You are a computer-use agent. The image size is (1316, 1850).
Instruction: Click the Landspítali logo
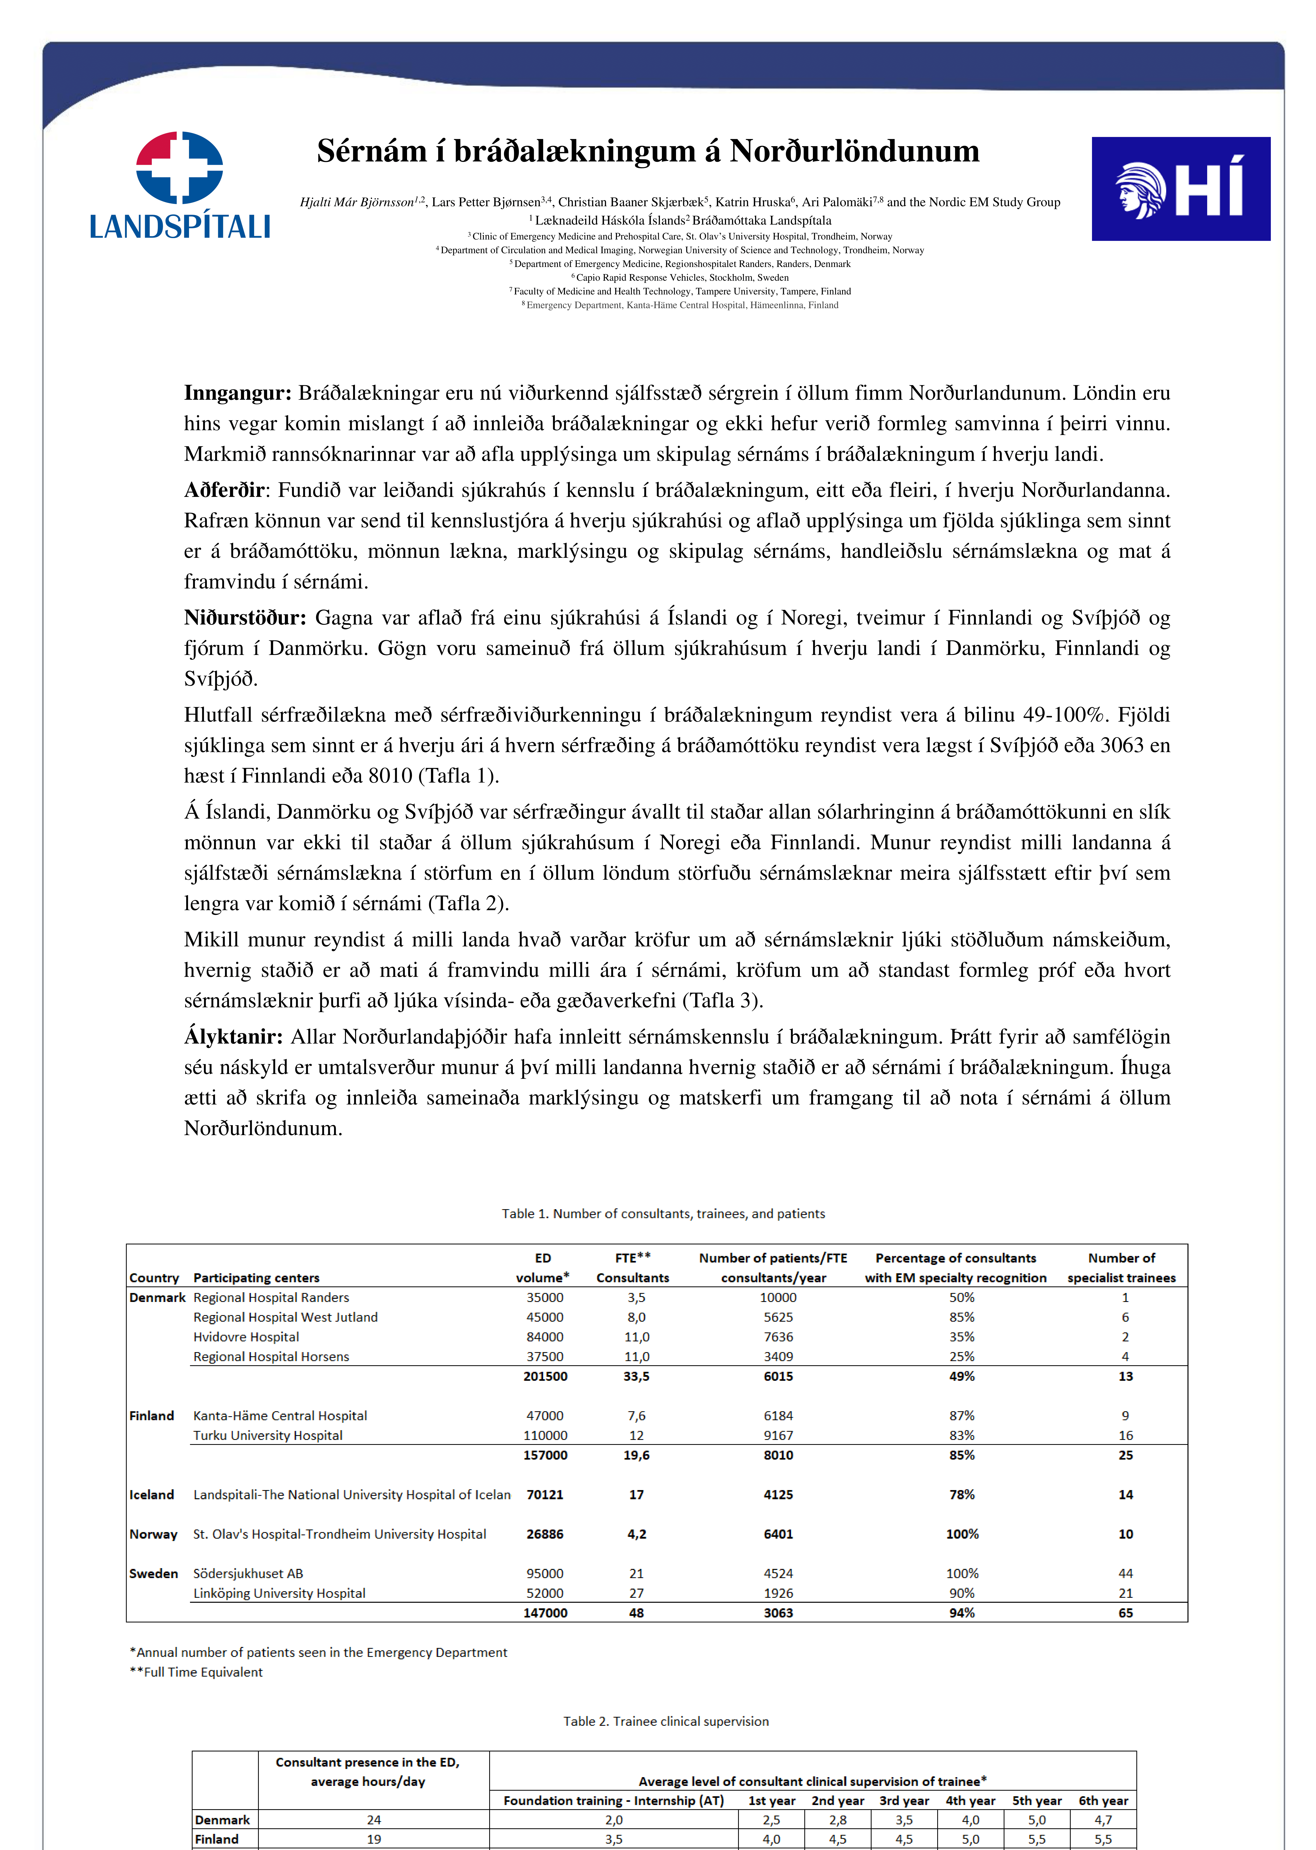pos(180,186)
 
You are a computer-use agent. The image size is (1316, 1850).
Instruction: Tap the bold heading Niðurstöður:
pos(245,618)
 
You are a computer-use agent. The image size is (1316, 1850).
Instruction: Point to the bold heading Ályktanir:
pos(233,1037)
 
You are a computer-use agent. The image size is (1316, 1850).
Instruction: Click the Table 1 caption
pos(663,1214)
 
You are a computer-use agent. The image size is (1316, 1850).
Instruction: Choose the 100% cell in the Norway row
pos(962,1534)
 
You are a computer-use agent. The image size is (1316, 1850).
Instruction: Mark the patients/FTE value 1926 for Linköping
pos(778,1593)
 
